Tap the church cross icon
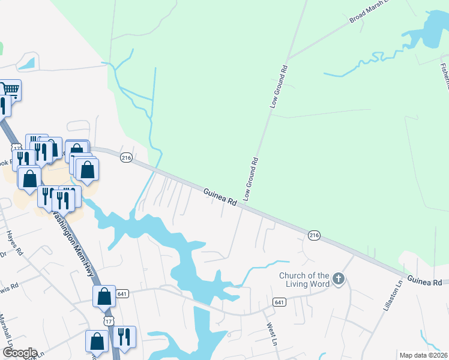[339, 278]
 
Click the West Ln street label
[270, 335]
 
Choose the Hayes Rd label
[14, 243]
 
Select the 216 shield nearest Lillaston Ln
[314, 235]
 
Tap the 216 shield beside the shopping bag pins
[126, 158]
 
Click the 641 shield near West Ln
[278, 301]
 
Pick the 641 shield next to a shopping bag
[122, 293]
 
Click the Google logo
[20, 353]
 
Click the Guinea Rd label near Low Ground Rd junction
[219, 198]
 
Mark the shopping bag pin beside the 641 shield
[104, 296]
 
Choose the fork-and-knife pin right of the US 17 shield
[124, 337]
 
